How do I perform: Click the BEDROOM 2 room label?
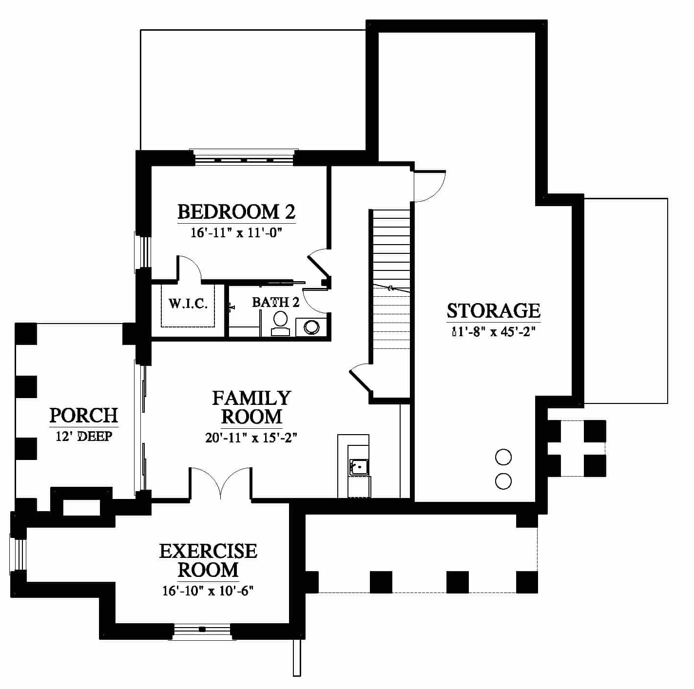pos(236,211)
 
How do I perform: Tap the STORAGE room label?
pos(493,310)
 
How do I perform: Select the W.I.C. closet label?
pos(188,304)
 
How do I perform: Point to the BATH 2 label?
pos(275,302)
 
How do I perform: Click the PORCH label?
pos(83,415)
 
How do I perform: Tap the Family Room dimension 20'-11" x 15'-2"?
pos(251,438)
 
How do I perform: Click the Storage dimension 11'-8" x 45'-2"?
pos(494,331)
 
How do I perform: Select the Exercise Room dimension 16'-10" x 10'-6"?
pos(208,591)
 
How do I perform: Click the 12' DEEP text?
pos(84,437)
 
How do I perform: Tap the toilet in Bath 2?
pos(280,324)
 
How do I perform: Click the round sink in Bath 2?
pos(311,327)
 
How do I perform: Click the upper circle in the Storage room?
pos(503,457)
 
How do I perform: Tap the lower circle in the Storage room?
pos(503,481)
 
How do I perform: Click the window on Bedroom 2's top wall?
pos(244,158)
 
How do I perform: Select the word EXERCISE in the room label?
pos(208,552)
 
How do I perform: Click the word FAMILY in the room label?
pos(251,399)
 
